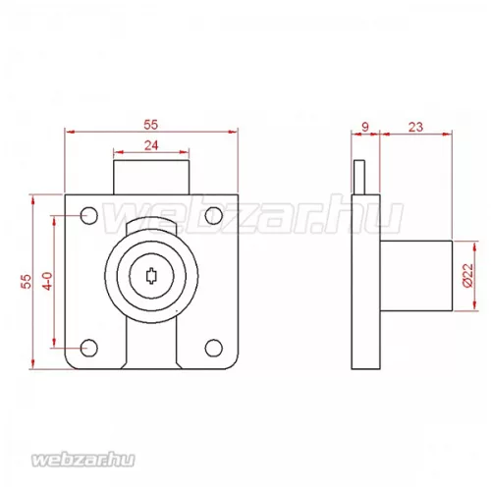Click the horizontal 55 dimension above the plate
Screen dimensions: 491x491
pos(150,125)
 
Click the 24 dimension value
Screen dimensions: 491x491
pos(151,145)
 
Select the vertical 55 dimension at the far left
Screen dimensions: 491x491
pos(27,282)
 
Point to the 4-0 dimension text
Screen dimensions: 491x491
pos(48,281)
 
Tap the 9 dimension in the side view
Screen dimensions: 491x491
pos(365,127)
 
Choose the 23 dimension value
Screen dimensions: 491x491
pos(415,127)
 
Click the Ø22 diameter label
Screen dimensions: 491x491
pos(468,275)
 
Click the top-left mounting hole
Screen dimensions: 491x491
pos(89,216)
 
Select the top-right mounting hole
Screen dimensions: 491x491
pos(214,216)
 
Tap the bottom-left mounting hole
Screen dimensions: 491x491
pos(89,348)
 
